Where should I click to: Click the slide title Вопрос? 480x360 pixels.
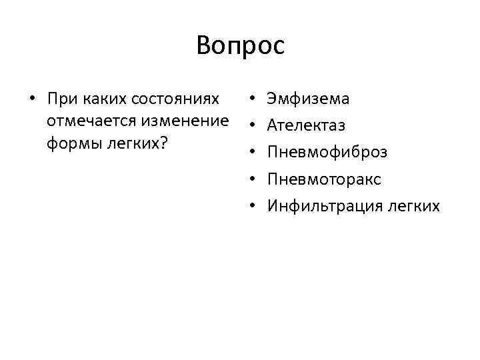(241, 45)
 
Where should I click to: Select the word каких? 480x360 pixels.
(105, 99)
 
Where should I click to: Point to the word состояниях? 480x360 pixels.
(175, 99)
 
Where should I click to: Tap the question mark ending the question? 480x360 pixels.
(163, 144)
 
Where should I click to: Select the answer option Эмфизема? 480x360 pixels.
(308, 99)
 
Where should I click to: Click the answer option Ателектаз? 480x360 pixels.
(306, 125)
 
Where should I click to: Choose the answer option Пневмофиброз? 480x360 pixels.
(327, 152)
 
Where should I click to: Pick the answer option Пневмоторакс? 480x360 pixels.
(324, 179)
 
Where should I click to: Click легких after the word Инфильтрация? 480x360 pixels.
(412, 206)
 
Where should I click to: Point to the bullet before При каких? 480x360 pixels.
(31, 99)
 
